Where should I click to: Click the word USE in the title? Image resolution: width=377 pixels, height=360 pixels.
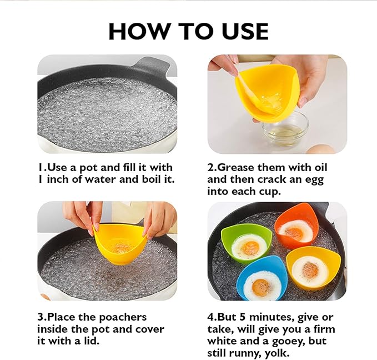(x=245, y=31)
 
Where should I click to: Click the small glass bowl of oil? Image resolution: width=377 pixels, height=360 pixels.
(x=285, y=129)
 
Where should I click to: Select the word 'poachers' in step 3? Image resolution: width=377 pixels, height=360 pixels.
(x=123, y=318)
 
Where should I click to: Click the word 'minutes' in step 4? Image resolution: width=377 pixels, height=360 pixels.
(x=272, y=317)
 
